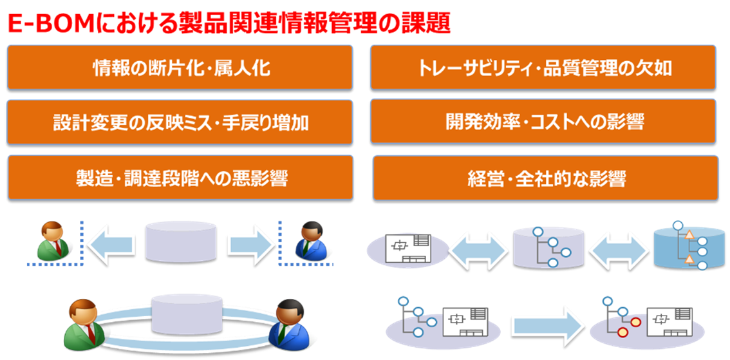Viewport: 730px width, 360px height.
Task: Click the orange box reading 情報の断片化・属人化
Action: [x=180, y=67]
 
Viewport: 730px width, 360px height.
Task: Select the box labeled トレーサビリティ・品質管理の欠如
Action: [x=545, y=67]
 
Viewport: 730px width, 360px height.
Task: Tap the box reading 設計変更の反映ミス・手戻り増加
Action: [x=180, y=122]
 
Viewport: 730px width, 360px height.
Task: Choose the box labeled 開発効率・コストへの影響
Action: [x=545, y=121]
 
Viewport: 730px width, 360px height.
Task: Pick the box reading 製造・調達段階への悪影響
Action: [x=180, y=177]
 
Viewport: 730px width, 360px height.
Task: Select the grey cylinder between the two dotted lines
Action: [x=181, y=242]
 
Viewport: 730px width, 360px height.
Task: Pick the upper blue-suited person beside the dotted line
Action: [x=309, y=241]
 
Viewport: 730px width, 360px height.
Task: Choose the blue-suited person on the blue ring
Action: [x=288, y=323]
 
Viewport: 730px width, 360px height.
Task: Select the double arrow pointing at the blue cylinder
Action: [x=617, y=248]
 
